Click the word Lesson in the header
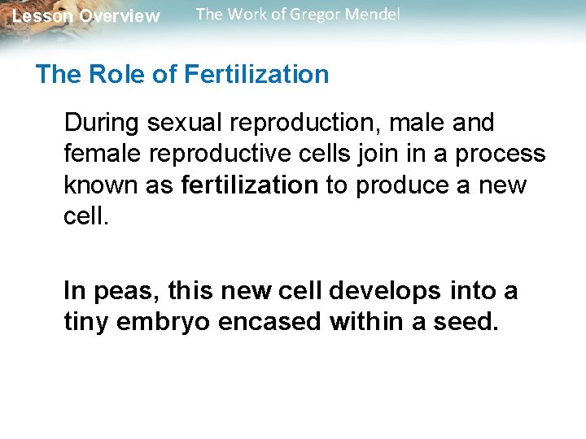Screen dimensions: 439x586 click(42, 16)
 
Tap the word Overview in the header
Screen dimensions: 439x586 click(119, 16)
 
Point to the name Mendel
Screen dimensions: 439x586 click(371, 15)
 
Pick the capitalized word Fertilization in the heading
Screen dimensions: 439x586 click(256, 75)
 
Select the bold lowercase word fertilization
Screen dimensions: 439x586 click(249, 185)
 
